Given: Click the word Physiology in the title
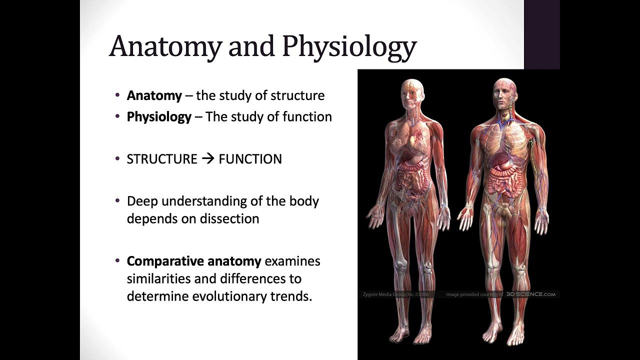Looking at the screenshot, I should (x=349, y=46).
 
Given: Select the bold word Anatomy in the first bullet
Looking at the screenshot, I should (x=154, y=95).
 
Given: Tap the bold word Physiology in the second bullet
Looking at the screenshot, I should (x=159, y=117).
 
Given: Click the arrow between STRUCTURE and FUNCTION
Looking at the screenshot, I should (x=208, y=159).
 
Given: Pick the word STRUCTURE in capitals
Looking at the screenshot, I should (x=162, y=159).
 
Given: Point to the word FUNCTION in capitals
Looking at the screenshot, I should (x=250, y=159).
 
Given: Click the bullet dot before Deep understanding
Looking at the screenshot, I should (x=117, y=201).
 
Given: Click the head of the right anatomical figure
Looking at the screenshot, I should (x=503, y=92).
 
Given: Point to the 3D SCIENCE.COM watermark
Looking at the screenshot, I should (x=530, y=294).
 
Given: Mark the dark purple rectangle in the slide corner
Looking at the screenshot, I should (x=541, y=34).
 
